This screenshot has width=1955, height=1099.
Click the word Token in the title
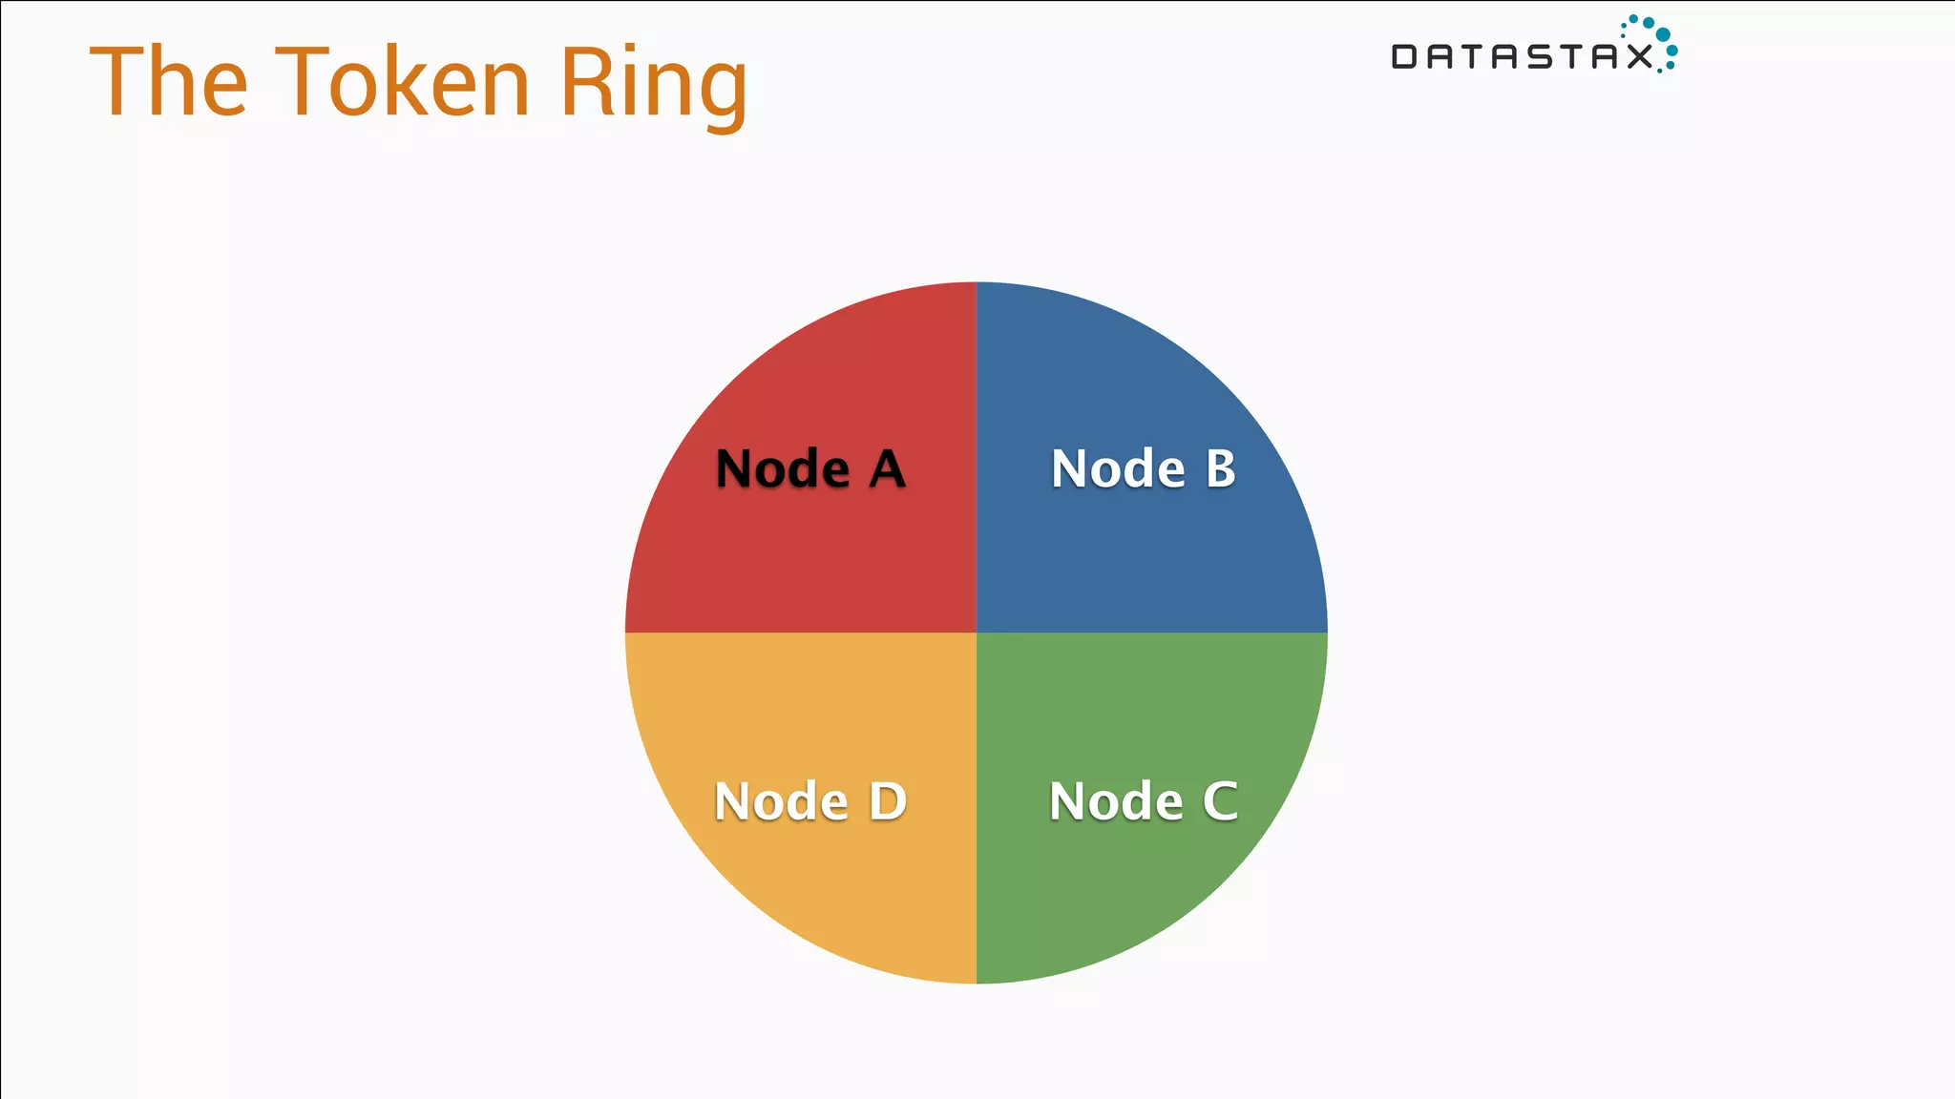click(x=403, y=83)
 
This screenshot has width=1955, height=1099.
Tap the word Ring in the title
click(x=653, y=86)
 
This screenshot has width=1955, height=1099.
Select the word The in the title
click(x=169, y=83)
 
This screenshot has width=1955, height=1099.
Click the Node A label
click(x=810, y=468)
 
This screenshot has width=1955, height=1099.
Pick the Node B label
click(x=1143, y=468)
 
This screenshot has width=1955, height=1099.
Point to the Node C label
click(x=1143, y=801)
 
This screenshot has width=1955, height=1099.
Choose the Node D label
click(x=810, y=801)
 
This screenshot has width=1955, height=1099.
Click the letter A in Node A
click(x=887, y=468)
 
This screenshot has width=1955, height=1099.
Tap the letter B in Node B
click(x=1220, y=468)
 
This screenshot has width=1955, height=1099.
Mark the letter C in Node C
click(x=1220, y=801)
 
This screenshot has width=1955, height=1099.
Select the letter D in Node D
click(x=888, y=801)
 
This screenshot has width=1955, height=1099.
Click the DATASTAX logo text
click(x=1522, y=57)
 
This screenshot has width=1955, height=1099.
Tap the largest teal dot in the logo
click(x=1662, y=35)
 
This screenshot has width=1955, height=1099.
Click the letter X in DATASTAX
click(x=1640, y=57)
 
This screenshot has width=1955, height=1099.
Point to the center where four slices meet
click(x=977, y=632)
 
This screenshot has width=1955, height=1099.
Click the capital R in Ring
click(x=584, y=83)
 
